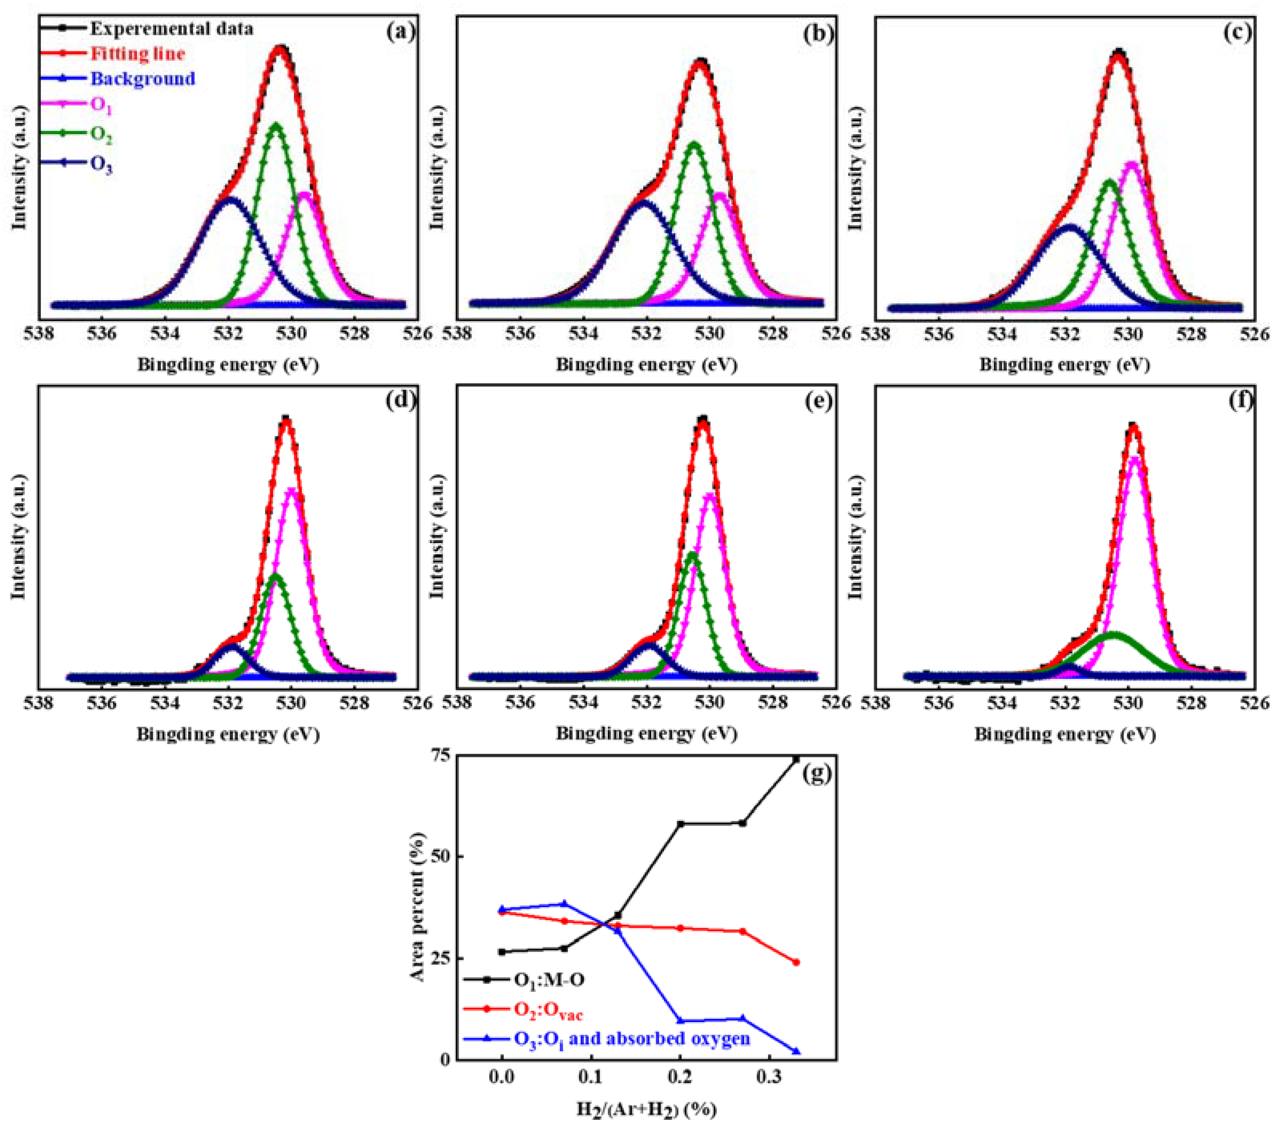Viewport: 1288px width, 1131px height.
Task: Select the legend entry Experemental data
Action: click(x=171, y=29)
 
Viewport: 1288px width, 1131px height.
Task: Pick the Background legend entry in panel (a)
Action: click(x=143, y=79)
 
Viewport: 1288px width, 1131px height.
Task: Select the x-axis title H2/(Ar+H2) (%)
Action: click(x=646, y=1109)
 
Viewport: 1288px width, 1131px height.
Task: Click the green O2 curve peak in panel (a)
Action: click(x=276, y=125)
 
